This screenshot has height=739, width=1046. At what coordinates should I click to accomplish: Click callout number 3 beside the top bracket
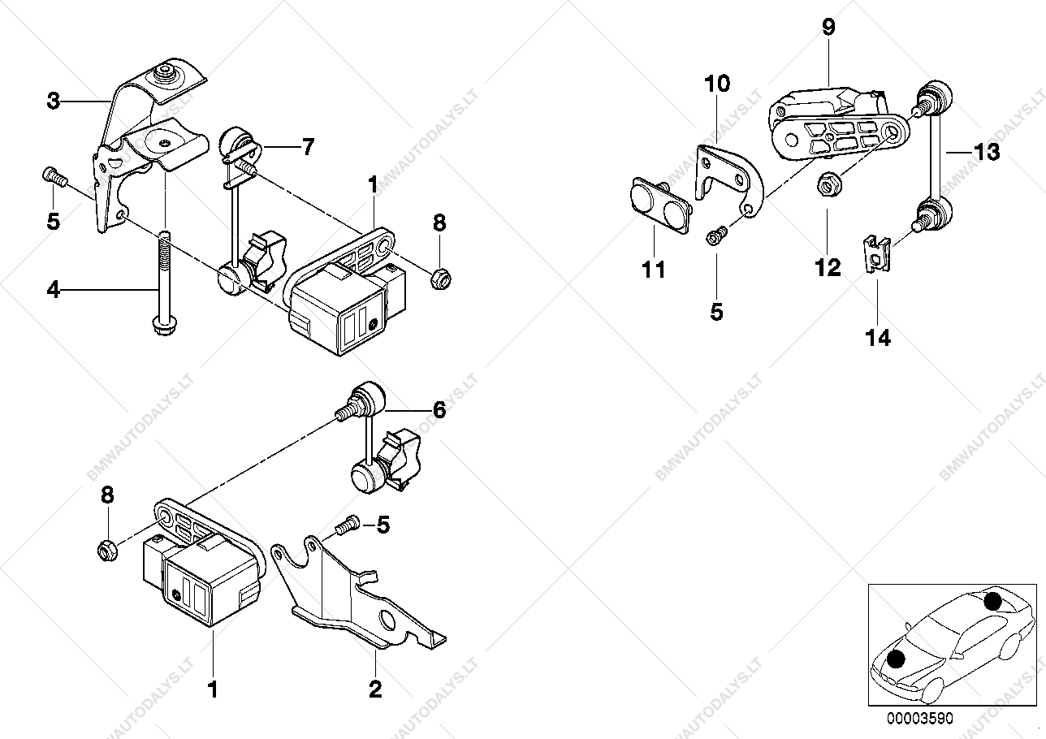pos(54,101)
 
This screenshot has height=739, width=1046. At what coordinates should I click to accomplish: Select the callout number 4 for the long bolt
pos(54,290)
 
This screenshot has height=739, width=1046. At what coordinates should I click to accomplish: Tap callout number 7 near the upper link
pos(308,147)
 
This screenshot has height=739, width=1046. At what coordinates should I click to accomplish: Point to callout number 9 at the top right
pos(828,27)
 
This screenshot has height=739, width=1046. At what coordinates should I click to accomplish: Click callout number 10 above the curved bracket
pos(717,84)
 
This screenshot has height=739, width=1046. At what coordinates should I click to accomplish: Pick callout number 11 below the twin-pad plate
pos(653,270)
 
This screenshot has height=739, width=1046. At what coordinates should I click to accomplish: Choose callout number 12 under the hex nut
pos(828,267)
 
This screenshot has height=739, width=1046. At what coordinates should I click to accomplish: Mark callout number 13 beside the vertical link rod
pos(987,152)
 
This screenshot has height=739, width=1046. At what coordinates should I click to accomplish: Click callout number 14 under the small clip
pos(878,338)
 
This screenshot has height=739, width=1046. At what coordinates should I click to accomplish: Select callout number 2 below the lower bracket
pos(375,689)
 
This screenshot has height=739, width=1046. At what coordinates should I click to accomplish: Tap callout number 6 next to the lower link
pos(439,410)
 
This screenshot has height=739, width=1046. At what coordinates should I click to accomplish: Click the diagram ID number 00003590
pos(920,719)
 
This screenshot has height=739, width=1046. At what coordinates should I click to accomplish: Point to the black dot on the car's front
pos(896,659)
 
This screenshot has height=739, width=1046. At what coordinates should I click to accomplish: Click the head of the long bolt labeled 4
pos(164,326)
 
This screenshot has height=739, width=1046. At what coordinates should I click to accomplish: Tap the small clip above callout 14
pos(876,254)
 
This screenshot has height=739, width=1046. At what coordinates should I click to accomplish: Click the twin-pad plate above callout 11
pos(659,205)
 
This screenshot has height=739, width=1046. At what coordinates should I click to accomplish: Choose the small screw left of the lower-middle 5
pos(348,525)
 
